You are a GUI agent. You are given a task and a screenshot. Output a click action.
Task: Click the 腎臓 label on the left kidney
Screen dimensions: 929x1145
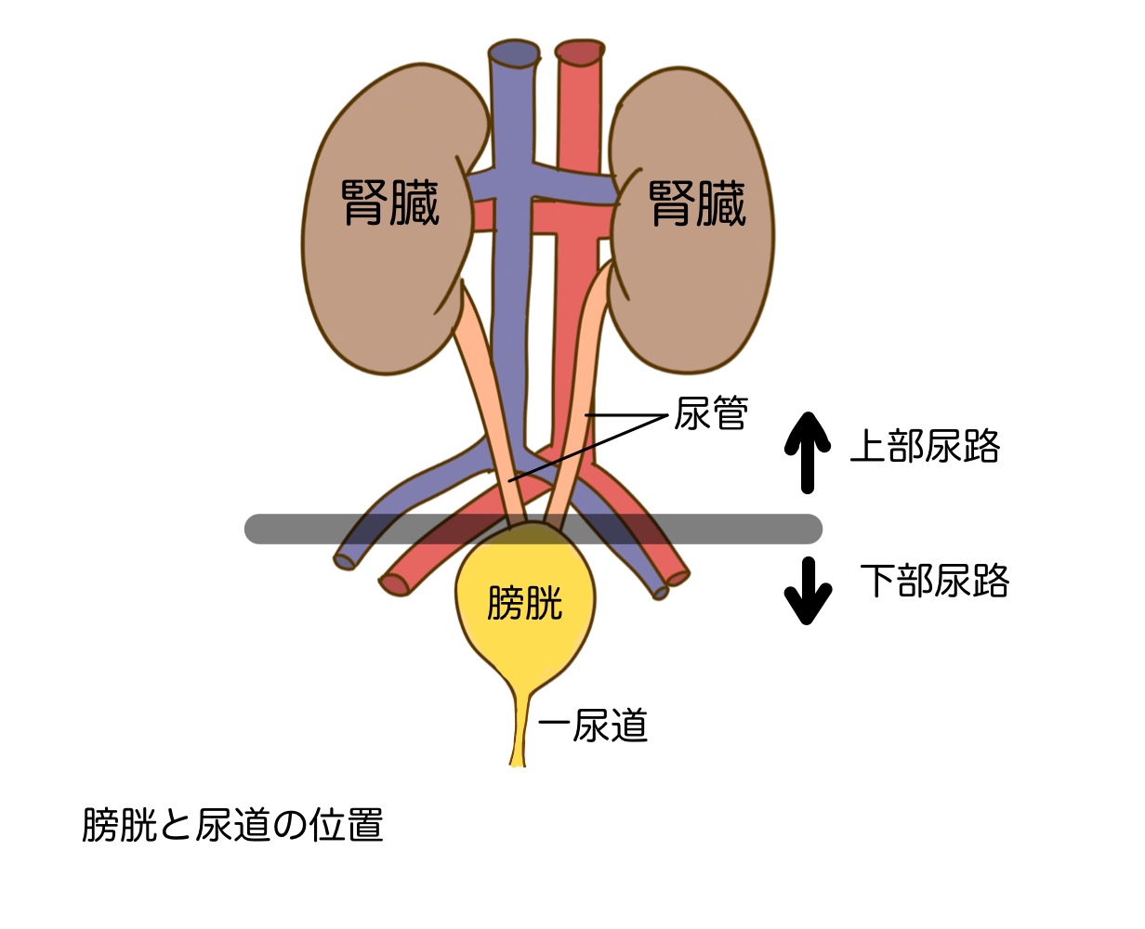(390, 202)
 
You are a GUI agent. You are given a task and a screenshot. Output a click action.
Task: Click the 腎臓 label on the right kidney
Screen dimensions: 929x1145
(697, 202)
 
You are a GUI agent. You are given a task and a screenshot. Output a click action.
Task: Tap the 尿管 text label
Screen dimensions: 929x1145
(710, 412)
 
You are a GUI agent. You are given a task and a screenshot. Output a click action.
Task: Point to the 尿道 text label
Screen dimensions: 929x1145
(609, 726)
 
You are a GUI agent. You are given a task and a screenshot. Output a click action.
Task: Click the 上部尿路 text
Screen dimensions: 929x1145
(926, 447)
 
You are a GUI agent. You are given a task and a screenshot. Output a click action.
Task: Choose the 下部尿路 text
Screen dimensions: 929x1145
(934, 581)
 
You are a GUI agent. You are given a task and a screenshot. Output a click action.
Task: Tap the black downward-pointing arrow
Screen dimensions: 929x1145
(807, 591)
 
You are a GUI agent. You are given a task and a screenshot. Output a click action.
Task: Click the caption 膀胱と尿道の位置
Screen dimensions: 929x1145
(232, 825)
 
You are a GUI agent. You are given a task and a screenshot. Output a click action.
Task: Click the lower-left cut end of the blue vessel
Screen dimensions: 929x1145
(346, 559)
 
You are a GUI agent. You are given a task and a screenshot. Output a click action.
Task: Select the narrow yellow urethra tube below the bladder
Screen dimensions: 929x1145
(518, 734)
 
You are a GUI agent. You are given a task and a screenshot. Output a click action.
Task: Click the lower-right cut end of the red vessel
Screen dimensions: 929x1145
(678, 578)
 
